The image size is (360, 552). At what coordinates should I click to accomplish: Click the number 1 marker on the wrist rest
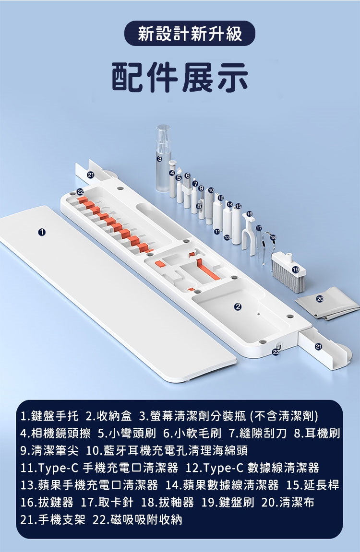pyautogui.click(x=42, y=232)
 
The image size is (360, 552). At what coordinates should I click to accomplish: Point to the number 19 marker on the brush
pyautogui.click(x=296, y=270)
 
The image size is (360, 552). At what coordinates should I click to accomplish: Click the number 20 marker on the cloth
pyautogui.click(x=320, y=298)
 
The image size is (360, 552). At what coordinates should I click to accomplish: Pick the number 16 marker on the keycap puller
pyautogui.click(x=250, y=214)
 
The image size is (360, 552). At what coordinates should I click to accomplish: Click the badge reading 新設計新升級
pyautogui.click(x=190, y=34)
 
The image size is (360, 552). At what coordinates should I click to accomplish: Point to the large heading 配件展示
pyautogui.click(x=180, y=77)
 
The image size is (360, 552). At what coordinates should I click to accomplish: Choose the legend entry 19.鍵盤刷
pyautogui.click(x=228, y=502)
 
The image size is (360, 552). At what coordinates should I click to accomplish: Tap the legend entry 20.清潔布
pyautogui.click(x=288, y=502)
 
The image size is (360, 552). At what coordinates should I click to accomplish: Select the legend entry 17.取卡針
pyautogui.click(x=107, y=502)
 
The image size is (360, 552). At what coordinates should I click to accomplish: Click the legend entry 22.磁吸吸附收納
pyautogui.click(x=137, y=519)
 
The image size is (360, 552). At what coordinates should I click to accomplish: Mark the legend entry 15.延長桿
pyautogui.click(x=312, y=485)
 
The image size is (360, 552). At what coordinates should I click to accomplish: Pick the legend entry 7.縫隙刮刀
pyautogui.click(x=257, y=434)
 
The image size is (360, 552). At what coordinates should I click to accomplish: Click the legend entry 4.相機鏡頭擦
pyautogui.click(x=55, y=434)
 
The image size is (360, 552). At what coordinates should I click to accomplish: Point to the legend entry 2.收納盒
pyautogui.click(x=109, y=416)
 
